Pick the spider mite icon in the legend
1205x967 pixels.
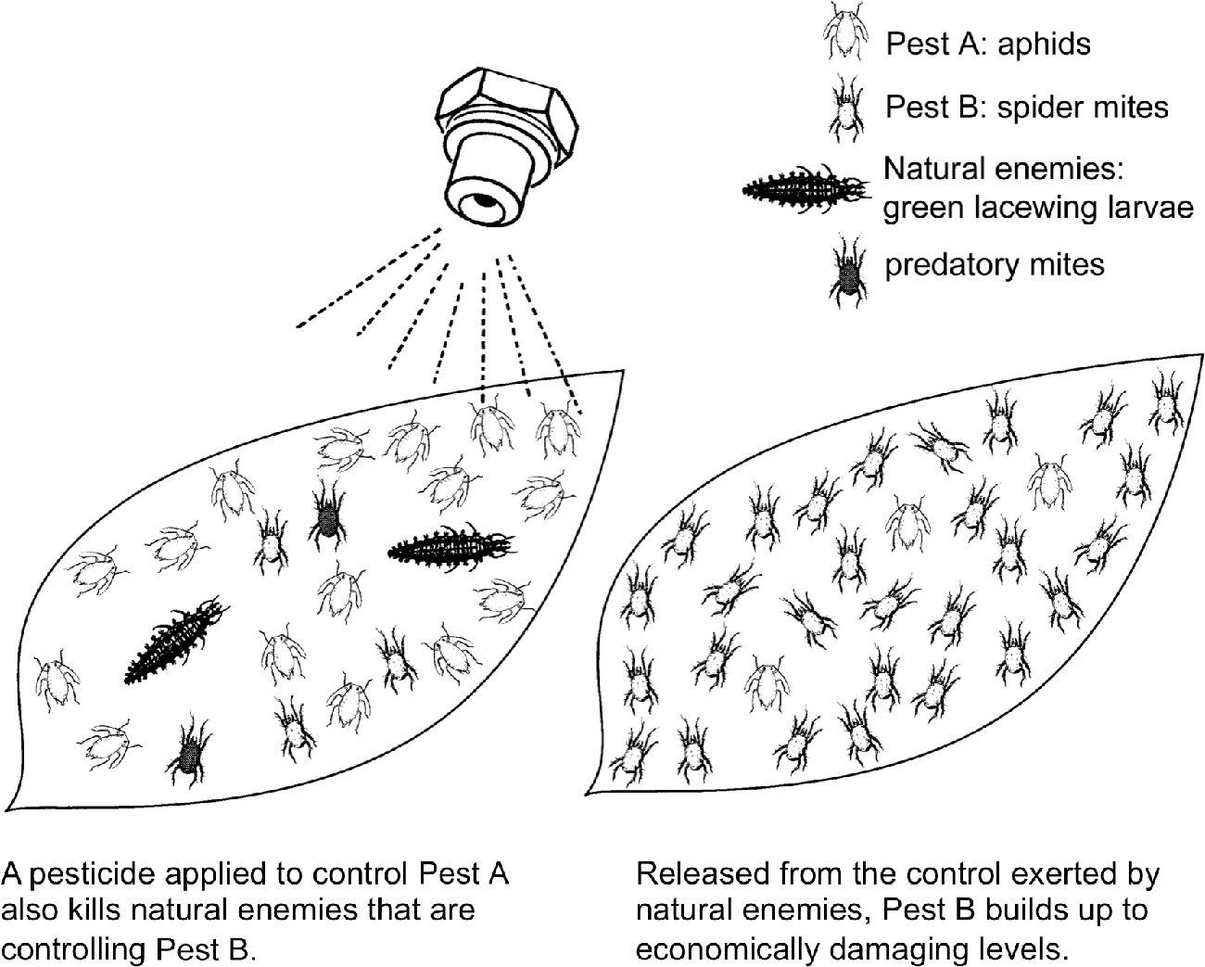point(845,108)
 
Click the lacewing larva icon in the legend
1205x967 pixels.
point(805,188)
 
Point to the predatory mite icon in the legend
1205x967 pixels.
point(847,268)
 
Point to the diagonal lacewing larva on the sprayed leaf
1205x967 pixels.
point(175,642)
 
